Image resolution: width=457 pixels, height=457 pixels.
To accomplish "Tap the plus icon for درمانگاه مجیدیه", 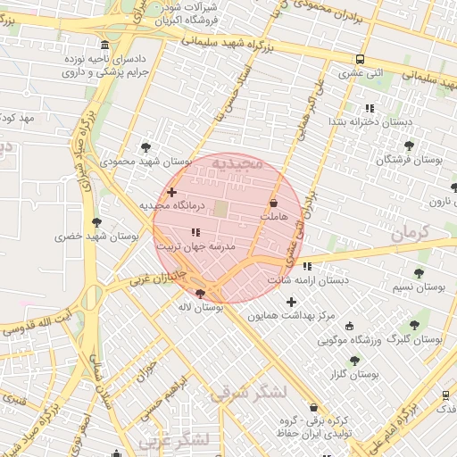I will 171,192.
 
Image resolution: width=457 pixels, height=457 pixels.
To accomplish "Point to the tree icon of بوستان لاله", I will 200,294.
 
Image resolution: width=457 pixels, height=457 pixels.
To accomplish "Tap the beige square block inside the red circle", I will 220,209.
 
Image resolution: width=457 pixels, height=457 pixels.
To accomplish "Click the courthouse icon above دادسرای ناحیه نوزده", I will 105,46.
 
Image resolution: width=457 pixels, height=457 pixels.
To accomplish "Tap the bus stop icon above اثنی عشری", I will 360,59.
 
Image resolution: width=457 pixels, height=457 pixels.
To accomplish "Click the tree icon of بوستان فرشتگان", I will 409,145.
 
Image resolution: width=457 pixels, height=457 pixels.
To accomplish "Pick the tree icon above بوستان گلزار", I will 354,361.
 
